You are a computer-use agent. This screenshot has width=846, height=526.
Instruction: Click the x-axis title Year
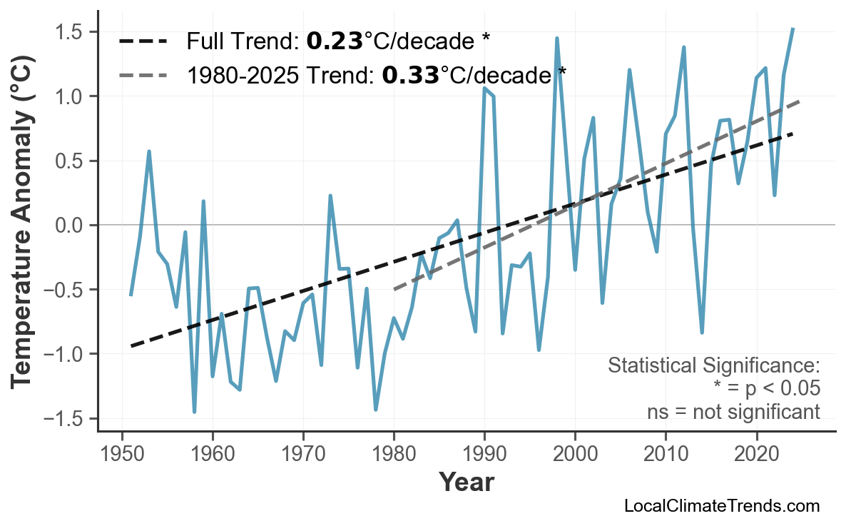[466, 483]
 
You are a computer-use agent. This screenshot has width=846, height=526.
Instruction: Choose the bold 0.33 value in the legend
[410, 74]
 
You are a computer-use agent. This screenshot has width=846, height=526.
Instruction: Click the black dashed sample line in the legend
[143, 41]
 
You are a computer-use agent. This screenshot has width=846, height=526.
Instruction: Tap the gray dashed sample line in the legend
[143, 74]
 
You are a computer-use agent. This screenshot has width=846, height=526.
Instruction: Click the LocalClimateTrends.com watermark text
[721, 507]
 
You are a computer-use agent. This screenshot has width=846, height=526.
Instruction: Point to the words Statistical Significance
[713, 366]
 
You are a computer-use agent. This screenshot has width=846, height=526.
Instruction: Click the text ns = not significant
[733, 412]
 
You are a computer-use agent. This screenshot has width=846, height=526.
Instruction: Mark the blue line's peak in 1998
[556, 39]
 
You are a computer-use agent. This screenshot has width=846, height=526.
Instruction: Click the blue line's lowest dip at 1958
[194, 412]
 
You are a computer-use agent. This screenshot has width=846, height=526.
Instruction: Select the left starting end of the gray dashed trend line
[394, 290]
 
